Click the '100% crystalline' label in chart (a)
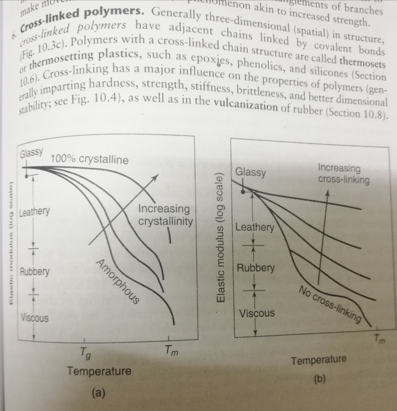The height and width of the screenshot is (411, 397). (x=90, y=160)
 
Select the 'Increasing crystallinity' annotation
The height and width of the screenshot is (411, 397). (x=165, y=215)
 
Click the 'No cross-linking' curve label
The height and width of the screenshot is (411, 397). (x=329, y=304)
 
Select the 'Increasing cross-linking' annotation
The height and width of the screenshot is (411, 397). (x=343, y=174)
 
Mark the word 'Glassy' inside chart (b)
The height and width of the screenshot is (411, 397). (x=250, y=173)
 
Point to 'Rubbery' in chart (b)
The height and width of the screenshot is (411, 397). (x=256, y=268)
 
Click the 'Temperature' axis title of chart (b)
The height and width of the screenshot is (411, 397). (x=319, y=360)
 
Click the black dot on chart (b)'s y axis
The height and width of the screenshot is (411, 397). (x=243, y=192)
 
